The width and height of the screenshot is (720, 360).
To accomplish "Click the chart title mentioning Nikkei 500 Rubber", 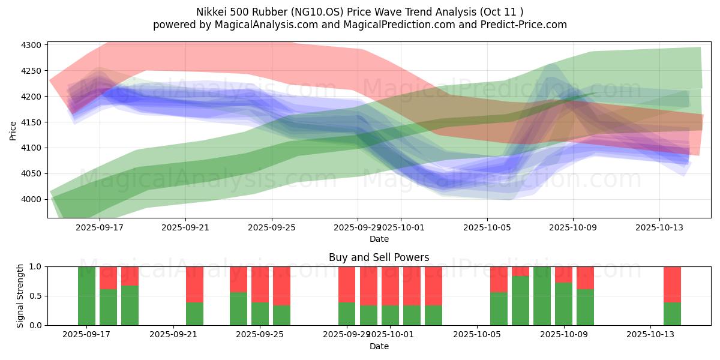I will pos(359,12).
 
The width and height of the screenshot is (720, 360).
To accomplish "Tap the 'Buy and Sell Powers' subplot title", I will pos(379,257).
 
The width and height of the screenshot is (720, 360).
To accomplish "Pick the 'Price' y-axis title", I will pos(13,131).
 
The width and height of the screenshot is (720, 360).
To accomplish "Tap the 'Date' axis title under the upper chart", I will pos(379,239).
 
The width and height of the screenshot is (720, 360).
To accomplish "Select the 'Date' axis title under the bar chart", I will pos(379,346).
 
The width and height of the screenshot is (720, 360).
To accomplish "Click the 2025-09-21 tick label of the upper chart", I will pos(185,227).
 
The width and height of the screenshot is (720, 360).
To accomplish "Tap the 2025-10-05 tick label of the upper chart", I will pos(487,227).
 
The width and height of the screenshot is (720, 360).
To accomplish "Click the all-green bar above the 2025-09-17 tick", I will pos(86,295).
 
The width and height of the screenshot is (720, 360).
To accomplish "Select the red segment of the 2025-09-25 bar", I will pos(260,284).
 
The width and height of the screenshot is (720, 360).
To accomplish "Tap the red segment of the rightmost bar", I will pos(672,284).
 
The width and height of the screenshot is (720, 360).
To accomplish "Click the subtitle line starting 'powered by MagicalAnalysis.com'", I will pos(359,25).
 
